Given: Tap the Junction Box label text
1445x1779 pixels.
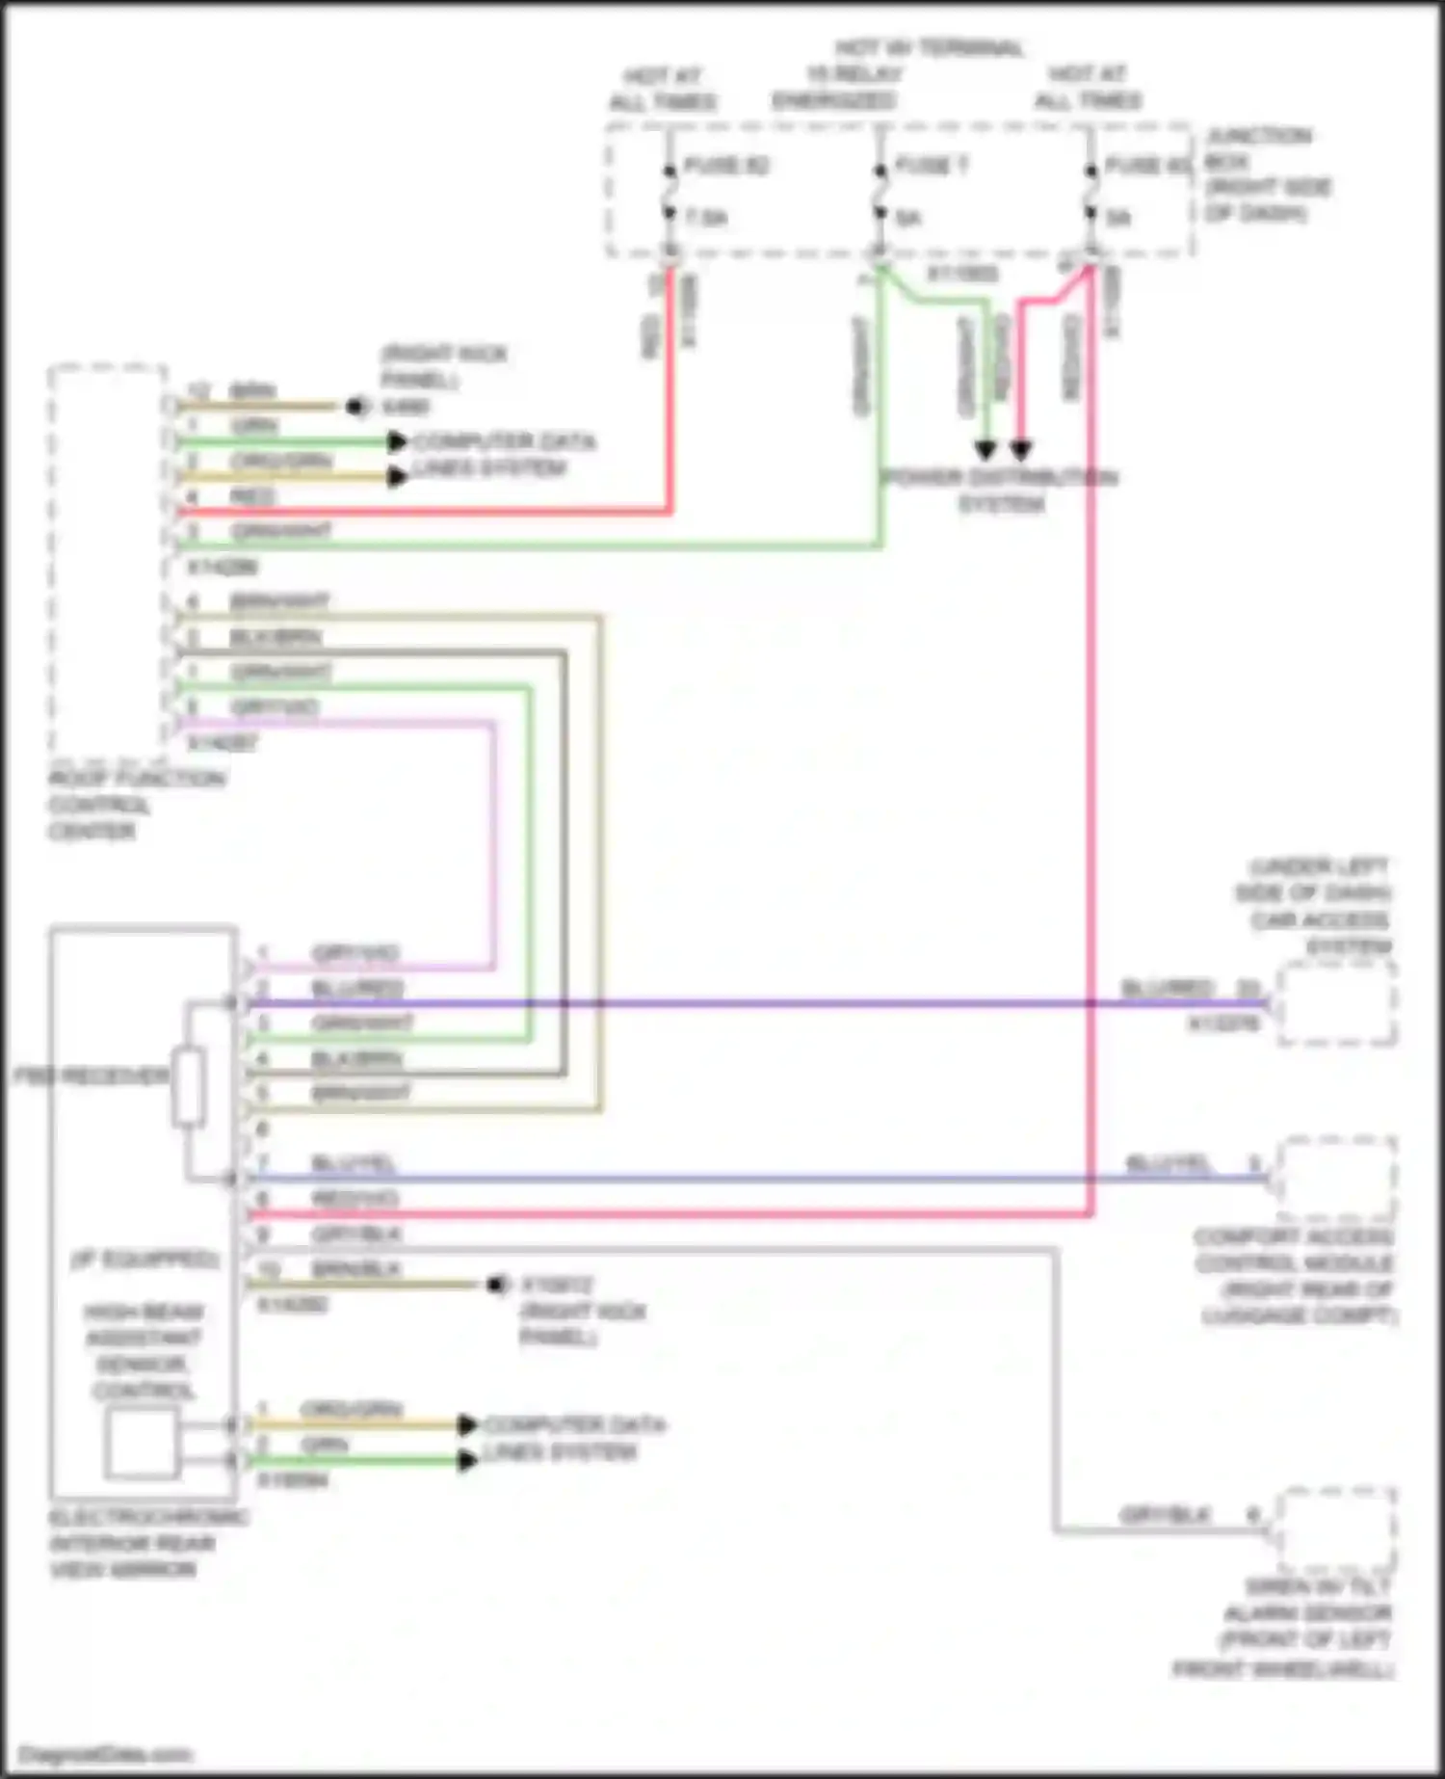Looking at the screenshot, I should coord(1267,174).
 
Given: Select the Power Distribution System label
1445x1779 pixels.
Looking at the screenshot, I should coord(1001,491).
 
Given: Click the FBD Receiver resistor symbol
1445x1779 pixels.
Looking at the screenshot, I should coord(189,1088).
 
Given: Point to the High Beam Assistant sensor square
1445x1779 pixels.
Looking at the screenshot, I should coord(142,1443).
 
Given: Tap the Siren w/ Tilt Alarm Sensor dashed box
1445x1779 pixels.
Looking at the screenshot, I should coord(1337,1530).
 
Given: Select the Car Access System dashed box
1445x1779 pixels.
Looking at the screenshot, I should coord(1337,1004).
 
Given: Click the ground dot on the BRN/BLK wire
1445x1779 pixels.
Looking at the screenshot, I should coord(498,1285).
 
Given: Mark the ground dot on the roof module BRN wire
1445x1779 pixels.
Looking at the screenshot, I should coord(358,407).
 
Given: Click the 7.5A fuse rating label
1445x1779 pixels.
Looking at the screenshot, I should coord(706,219).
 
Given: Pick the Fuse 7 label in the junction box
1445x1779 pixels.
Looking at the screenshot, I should coord(931,166).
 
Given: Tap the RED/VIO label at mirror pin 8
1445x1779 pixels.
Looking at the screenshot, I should coord(355,1199).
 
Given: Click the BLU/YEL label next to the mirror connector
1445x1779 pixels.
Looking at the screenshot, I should coord(354,1164).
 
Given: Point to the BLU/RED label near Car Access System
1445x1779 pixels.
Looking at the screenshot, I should coord(1167,989).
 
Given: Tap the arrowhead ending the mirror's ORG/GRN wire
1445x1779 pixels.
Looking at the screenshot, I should coord(468,1424).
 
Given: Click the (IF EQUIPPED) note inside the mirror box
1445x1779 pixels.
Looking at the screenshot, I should coord(144,1260).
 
